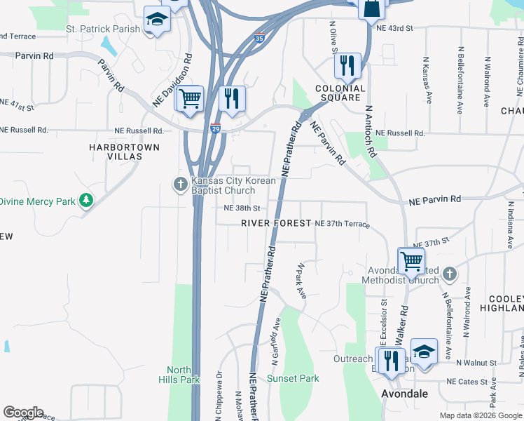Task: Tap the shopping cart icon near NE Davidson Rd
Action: pos(188,99)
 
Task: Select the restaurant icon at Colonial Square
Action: pos(347,67)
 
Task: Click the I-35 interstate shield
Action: pos(259,39)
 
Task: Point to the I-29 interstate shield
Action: pos(216,128)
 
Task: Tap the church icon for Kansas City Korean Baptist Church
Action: pos(180,185)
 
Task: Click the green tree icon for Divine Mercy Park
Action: pos(86,201)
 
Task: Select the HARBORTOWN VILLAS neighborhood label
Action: pos(125,152)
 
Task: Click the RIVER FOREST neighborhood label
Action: pos(276,223)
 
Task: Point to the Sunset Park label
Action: pos(293,378)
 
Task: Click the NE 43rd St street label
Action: pos(395,29)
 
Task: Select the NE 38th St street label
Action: pos(242,208)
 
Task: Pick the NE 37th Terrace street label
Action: pos(342,223)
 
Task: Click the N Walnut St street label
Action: pos(476,363)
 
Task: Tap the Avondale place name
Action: pos(405,394)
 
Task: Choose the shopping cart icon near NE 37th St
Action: pos(411,260)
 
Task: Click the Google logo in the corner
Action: pos(23,413)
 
